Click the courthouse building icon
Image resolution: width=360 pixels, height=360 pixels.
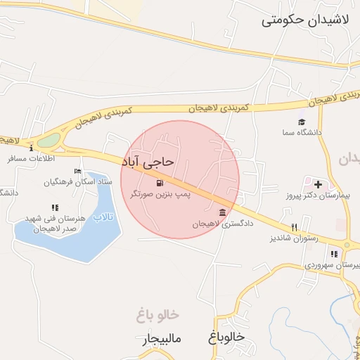click(222, 212)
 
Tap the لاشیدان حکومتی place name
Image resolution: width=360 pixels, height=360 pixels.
click(305, 20)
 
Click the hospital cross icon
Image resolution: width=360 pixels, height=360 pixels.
click(318, 184)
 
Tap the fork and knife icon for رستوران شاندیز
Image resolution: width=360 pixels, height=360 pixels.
click(295, 227)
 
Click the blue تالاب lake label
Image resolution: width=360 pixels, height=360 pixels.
click(103, 217)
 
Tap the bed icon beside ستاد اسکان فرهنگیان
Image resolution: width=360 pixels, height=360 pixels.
click(77, 172)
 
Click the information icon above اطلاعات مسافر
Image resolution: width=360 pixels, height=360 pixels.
click(32, 148)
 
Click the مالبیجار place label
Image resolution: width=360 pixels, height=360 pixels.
click(160, 340)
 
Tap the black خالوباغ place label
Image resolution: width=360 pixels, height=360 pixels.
click(226, 337)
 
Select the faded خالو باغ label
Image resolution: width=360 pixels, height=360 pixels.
click(159, 314)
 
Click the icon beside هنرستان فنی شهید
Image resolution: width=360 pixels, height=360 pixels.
click(54, 207)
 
